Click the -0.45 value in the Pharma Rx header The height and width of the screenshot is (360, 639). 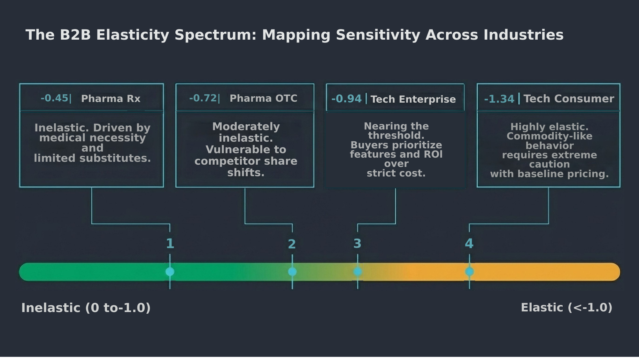(54, 98)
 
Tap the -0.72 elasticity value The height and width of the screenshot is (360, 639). (203, 98)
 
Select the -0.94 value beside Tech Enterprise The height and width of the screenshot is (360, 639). (346, 99)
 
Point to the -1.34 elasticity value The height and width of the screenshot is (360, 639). (499, 99)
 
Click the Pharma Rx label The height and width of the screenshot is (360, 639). (111, 98)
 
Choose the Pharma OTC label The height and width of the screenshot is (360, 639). (263, 98)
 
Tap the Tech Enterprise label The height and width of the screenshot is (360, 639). (413, 99)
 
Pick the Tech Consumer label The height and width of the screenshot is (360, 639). (568, 98)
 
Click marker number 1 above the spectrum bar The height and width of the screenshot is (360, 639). (170, 244)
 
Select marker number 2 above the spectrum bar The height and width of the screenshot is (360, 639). (292, 244)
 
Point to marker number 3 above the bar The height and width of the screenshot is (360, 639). (357, 244)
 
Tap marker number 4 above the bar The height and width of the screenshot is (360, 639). (469, 244)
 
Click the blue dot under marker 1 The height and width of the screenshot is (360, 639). (170, 272)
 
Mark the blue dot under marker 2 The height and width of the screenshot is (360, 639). (292, 272)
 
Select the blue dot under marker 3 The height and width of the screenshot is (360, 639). (358, 272)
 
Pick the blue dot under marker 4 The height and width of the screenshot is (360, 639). (469, 272)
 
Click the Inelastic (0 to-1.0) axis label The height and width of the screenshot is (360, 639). (86, 308)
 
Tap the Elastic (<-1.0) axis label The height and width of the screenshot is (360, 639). (566, 307)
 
